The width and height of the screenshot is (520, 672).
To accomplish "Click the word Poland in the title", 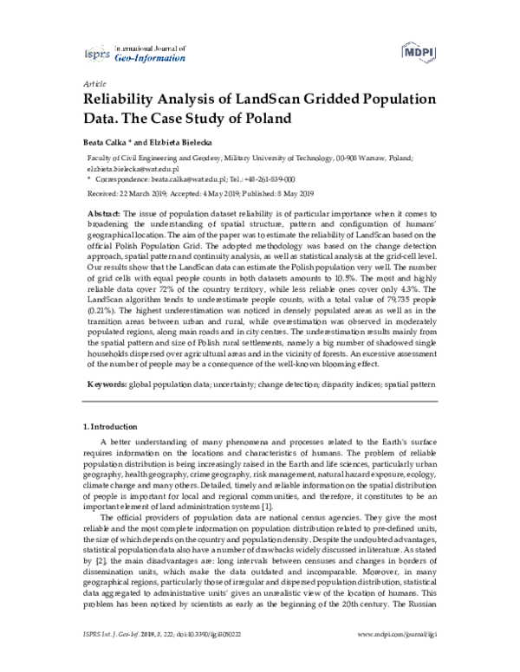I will pyautogui.click(x=264, y=118).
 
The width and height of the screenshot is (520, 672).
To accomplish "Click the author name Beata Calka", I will pyautogui.click(x=104, y=140).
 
